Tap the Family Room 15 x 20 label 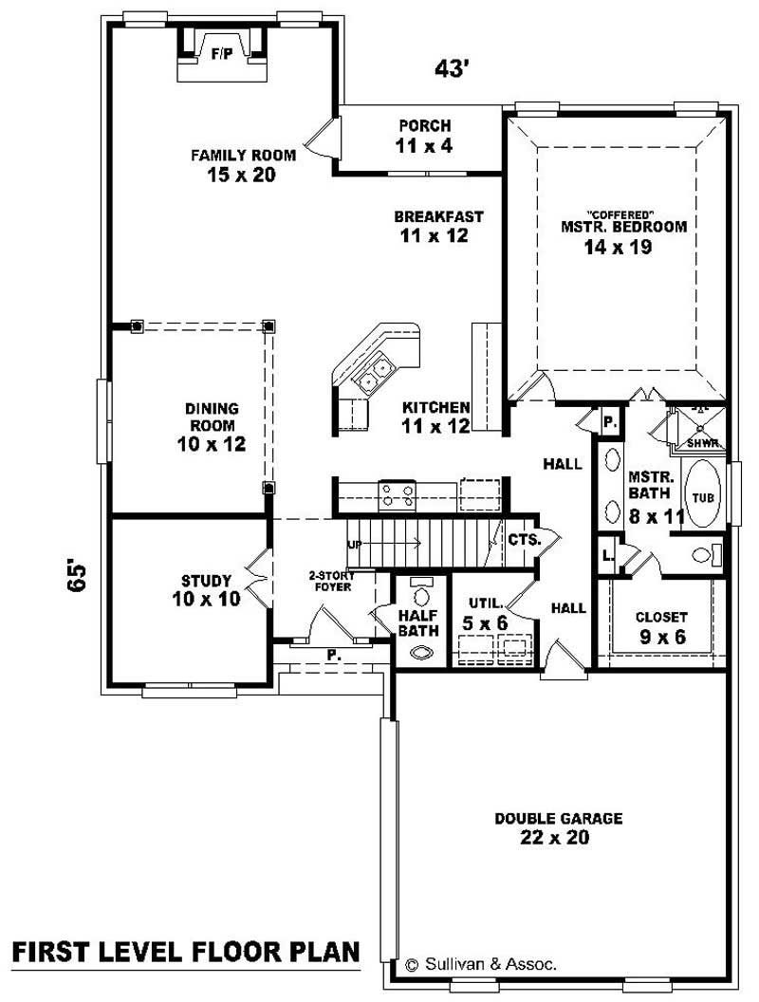(x=243, y=164)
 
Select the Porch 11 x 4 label (x=424, y=135)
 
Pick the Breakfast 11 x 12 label (x=438, y=226)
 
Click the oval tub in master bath (x=701, y=494)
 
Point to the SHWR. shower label (x=704, y=441)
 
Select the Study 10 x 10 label (x=206, y=589)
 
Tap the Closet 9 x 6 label (x=661, y=626)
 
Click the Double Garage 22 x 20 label (x=558, y=827)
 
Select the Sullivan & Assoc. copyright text (x=481, y=964)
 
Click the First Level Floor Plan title (x=186, y=951)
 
